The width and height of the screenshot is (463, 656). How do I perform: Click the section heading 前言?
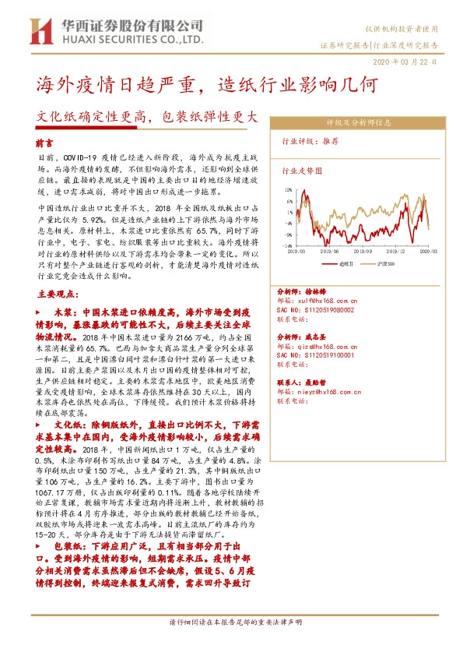[46, 144]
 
